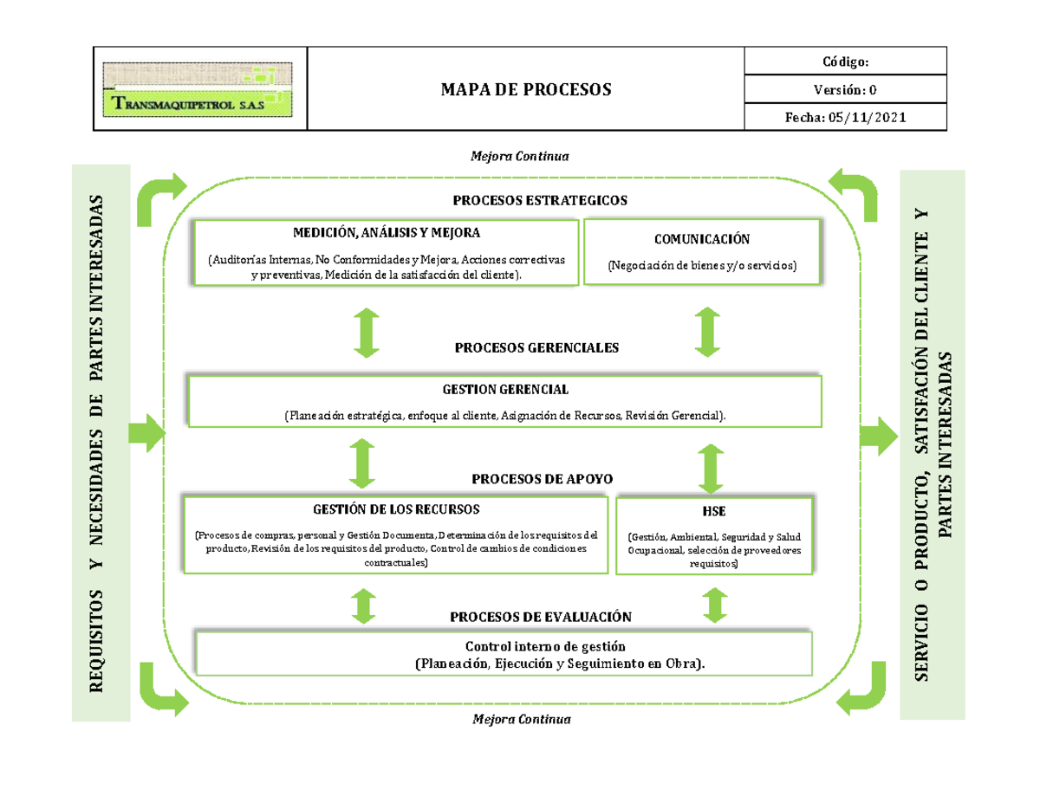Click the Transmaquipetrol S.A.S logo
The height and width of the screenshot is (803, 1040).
(x=200, y=89)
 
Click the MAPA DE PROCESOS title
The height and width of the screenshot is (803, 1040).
(x=526, y=89)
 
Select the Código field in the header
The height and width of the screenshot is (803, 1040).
(x=845, y=62)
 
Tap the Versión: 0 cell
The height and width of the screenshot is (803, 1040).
(x=845, y=89)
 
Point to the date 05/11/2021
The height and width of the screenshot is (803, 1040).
(x=867, y=117)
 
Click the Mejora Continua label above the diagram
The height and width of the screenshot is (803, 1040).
(x=519, y=157)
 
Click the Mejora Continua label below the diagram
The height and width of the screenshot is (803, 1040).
(x=519, y=720)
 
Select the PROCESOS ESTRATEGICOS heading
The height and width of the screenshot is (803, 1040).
(x=540, y=200)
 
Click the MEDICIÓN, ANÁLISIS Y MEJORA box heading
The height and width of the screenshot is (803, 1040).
(x=386, y=233)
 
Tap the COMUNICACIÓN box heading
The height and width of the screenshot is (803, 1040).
(x=702, y=238)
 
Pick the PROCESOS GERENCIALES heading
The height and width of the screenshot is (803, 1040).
(x=536, y=347)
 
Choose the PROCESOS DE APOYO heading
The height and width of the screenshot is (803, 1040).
(x=542, y=478)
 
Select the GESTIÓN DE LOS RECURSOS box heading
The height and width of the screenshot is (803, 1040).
(x=397, y=508)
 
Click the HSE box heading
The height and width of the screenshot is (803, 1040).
(x=715, y=511)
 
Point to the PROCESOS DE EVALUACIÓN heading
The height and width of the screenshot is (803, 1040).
(x=540, y=616)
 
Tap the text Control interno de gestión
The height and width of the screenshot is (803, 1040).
(x=544, y=647)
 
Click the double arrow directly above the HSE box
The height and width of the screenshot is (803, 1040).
(x=712, y=469)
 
